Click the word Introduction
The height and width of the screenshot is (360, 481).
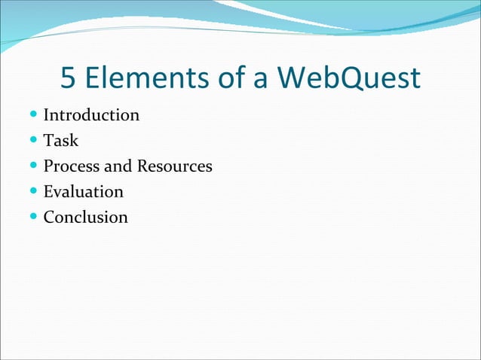[91, 115]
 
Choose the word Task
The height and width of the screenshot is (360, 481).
[61, 141]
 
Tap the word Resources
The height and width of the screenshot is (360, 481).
[174, 166]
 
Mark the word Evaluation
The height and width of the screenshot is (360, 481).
[83, 192]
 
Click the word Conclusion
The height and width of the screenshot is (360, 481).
[85, 218]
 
